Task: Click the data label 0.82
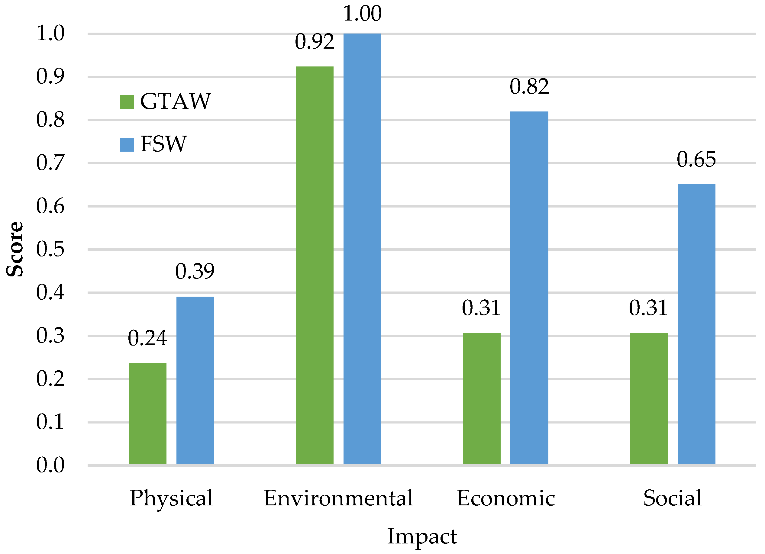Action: click(x=529, y=87)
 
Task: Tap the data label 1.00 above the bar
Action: click(x=362, y=14)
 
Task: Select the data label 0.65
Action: click(x=696, y=159)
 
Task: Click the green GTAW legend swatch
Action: click(x=127, y=102)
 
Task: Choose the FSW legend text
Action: click(x=163, y=144)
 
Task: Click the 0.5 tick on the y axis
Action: click(x=50, y=250)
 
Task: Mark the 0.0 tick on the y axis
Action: click(x=50, y=465)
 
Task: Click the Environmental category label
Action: click(x=338, y=499)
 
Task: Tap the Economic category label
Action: click(x=506, y=499)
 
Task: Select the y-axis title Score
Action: click(x=15, y=250)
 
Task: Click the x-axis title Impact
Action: click(x=422, y=536)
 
